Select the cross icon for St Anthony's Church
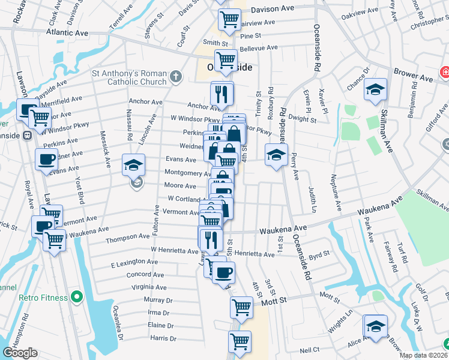tap(175, 77)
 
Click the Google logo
tap(20, 353)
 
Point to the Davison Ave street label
tap(273, 10)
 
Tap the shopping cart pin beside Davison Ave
tap(229, 20)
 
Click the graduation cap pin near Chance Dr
tap(376, 90)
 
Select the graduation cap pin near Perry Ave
tap(276, 155)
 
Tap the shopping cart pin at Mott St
tap(241, 307)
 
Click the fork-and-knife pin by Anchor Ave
tap(221, 94)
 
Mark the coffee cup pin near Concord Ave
tap(224, 272)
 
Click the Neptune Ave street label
tap(337, 194)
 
